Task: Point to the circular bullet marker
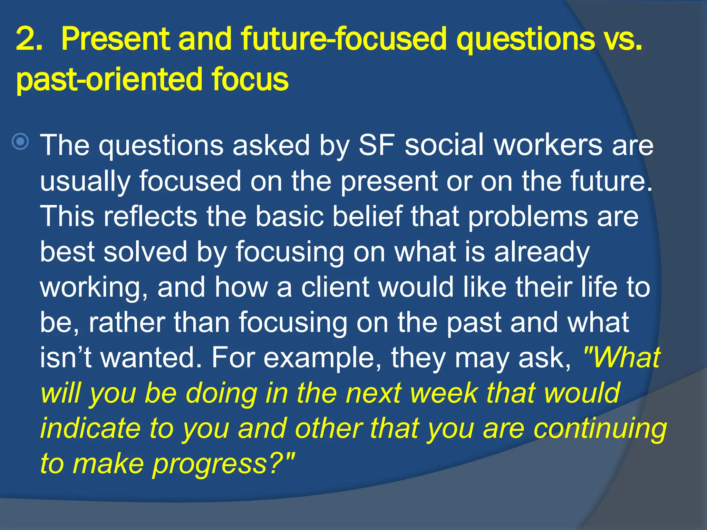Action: [20, 141]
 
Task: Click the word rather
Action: [126, 323]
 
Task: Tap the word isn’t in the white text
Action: [66, 358]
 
